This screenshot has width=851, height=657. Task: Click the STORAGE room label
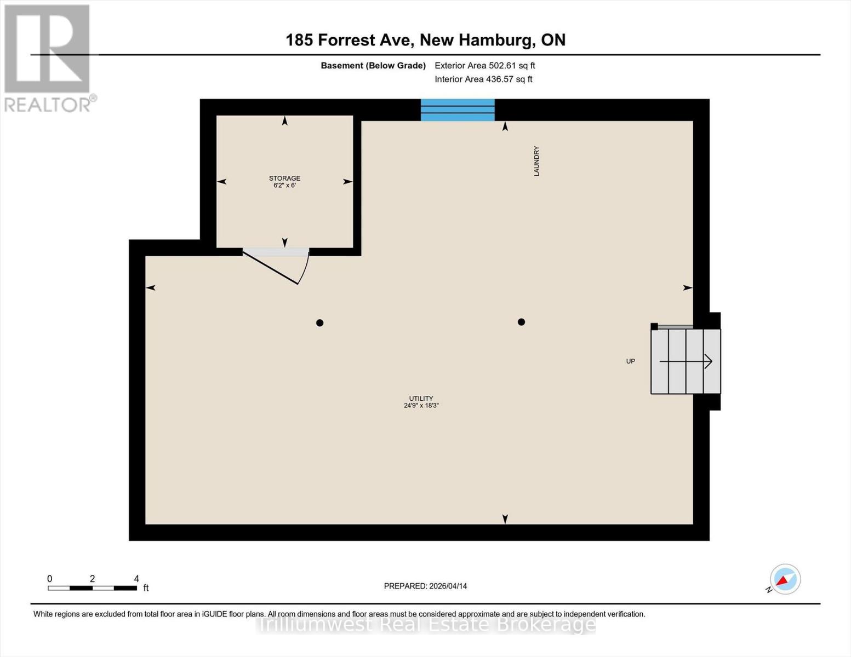click(x=284, y=178)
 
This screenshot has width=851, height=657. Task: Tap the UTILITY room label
click(x=421, y=399)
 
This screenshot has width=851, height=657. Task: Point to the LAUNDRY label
click(x=536, y=161)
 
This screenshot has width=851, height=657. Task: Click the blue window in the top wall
click(x=458, y=110)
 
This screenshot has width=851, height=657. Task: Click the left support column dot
click(x=319, y=323)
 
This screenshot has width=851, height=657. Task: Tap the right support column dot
click(x=521, y=322)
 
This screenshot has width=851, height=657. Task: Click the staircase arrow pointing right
click(x=686, y=361)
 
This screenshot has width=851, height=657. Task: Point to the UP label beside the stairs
click(x=631, y=361)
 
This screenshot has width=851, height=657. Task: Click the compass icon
click(x=785, y=580)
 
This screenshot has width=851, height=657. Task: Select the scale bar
click(x=93, y=588)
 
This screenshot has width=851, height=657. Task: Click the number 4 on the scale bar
click(x=136, y=579)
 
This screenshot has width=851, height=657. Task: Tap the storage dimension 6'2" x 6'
click(x=284, y=185)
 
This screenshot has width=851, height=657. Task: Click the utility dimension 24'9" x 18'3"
click(x=421, y=405)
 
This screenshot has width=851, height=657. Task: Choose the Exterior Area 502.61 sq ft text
click(x=485, y=65)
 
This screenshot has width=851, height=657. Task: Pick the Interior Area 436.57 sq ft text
click(x=484, y=79)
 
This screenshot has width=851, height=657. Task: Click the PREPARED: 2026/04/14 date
click(x=425, y=586)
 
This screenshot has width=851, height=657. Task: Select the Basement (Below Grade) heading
click(x=373, y=65)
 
